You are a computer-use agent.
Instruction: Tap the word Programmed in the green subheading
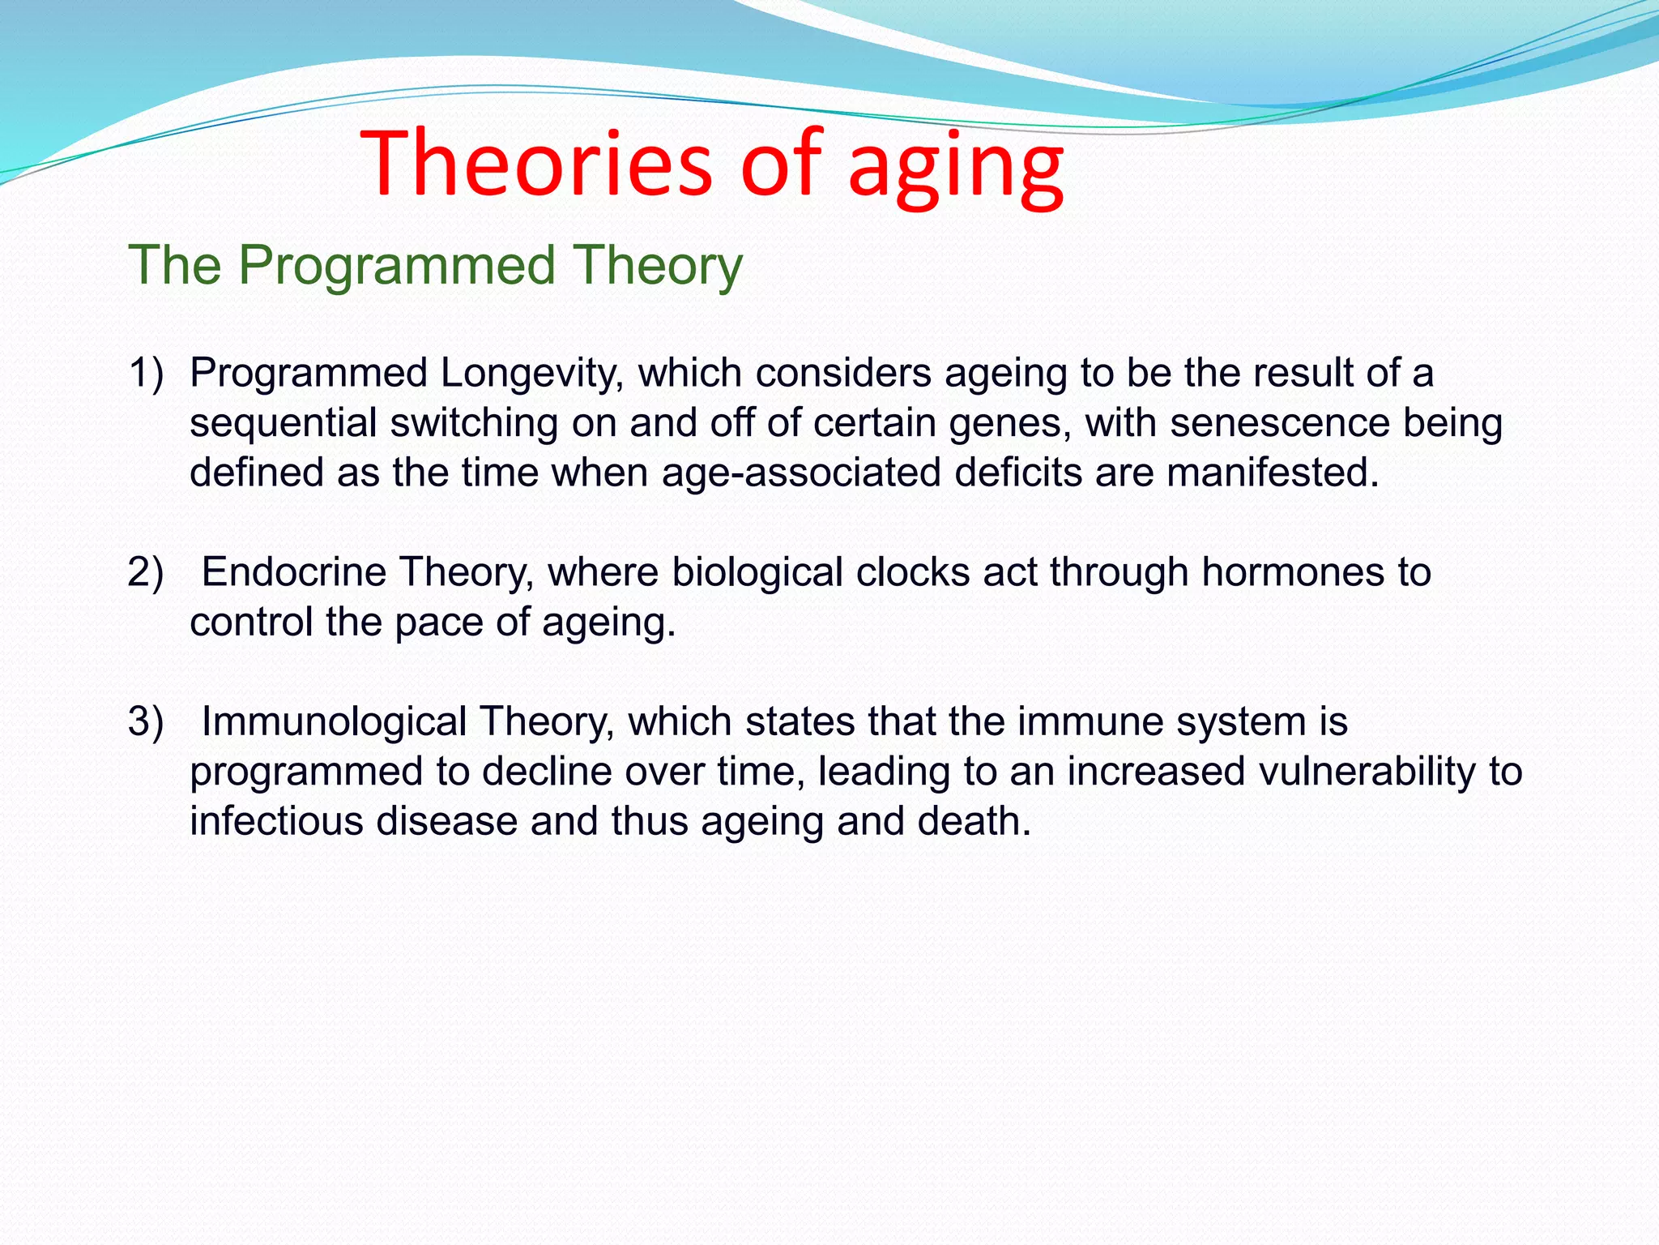point(396,266)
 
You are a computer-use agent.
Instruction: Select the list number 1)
point(146,374)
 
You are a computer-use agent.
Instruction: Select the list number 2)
point(146,572)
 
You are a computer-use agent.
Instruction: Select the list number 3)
point(146,721)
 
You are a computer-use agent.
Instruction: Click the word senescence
point(1280,424)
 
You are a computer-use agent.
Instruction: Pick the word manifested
point(1272,473)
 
